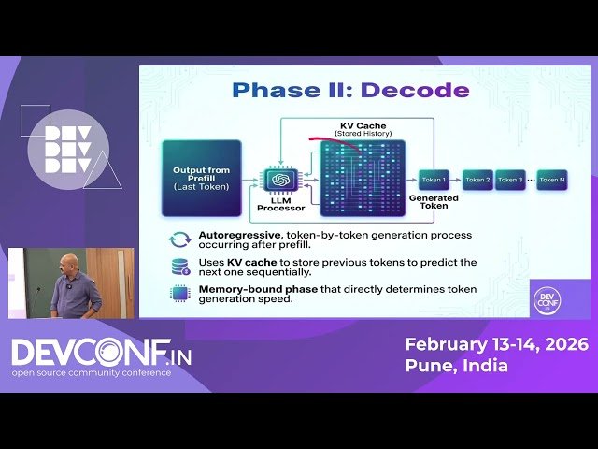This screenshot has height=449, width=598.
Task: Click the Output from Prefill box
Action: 201,179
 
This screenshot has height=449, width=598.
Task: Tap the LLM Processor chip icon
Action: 278,179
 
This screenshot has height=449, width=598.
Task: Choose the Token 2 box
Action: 477,179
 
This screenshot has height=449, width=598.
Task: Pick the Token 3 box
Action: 509,179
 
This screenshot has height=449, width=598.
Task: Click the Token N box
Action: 552,179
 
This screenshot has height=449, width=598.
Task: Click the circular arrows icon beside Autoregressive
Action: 179,239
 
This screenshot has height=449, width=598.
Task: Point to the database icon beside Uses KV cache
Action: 179,267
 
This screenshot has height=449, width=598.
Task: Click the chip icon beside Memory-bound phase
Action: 179,294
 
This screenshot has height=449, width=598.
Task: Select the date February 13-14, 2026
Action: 496,344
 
